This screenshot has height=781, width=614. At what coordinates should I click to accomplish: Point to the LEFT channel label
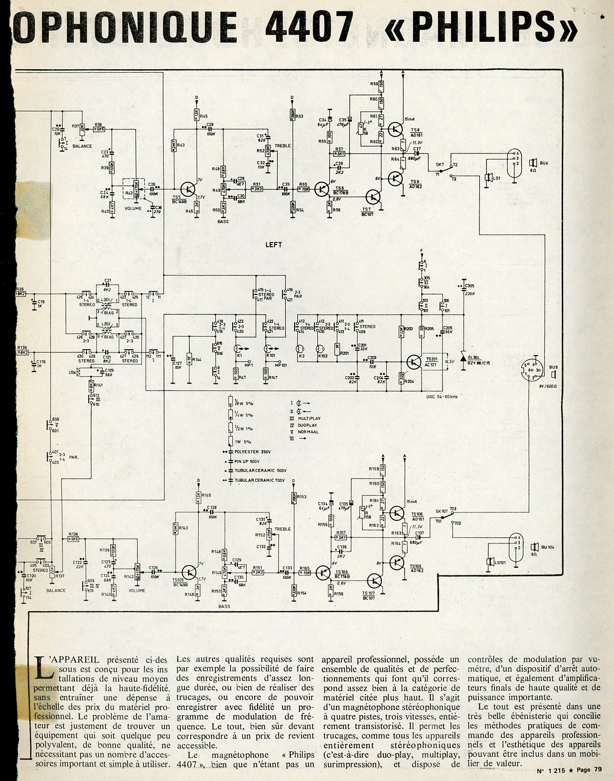pyautogui.click(x=274, y=245)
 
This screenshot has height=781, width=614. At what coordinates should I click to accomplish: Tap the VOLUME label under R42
pyautogui.click(x=133, y=209)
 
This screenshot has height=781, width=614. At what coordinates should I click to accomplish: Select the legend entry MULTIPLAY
pyautogui.click(x=309, y=418)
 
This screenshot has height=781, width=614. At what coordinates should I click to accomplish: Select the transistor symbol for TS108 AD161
pyautogui.click(x=397, y=513)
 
